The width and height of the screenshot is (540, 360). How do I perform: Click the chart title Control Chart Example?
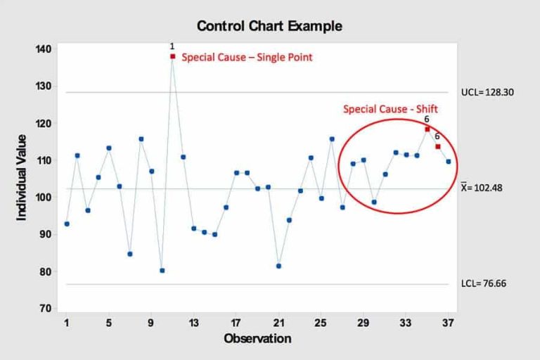[269, 27]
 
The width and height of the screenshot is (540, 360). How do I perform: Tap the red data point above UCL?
[172, 56]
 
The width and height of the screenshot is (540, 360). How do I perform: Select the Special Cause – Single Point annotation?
[247, 58]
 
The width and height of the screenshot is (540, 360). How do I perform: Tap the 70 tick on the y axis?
[44, 309]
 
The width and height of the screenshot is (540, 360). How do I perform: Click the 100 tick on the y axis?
[42, 198]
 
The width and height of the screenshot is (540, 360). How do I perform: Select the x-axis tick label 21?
[278, 324]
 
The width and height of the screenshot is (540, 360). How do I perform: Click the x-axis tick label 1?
[67, 324]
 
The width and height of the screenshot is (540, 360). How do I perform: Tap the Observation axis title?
[257, 339]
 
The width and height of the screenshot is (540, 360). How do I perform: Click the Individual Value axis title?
[22, 177]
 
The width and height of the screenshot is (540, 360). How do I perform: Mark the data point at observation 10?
[162, 270]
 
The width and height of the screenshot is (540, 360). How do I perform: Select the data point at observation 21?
[278, 266]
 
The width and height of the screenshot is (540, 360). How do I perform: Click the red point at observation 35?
[427, 129]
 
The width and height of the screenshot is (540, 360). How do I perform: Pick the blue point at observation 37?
[449, 162]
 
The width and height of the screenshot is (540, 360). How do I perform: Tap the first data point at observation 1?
[67, 224]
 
